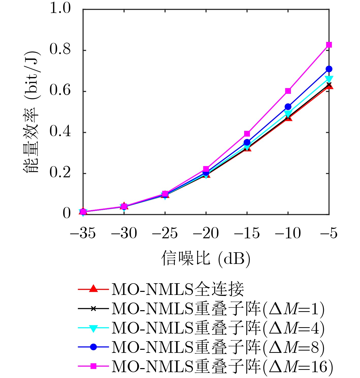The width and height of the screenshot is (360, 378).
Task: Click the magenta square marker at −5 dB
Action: pyautogui.click(x=329, y=45)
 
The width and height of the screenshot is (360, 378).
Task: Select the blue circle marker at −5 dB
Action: pyautogui.click(x=329, y=69)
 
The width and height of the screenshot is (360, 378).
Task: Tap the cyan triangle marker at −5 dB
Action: pyautogui.click(x=329, y=79)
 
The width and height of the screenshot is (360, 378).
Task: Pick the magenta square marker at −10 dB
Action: pyautogui.click(x=288, y=91)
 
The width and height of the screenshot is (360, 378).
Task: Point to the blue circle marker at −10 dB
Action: pyautogui.click(x=288, y=106)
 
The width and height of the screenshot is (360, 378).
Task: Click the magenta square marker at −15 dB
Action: pyautogui.click(x=247, y=134)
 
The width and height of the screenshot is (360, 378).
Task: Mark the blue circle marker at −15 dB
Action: pyautogui.click(x=247, y=142)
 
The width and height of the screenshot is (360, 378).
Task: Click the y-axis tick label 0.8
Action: pyautogui.click(x=60, y=50)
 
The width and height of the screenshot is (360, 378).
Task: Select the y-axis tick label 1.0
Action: pyautogui.click(x=60, y=8)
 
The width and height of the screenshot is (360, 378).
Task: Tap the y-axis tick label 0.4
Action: pyautogui.click(x=60, y=132)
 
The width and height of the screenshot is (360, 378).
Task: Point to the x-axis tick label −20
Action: pyautogui.click(x=206, y=233)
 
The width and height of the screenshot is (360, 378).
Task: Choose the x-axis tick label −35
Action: pyautogui.click(x=83, y=233)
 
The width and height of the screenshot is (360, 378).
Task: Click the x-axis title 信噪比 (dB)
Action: pyautogui.click(x=206, y=259)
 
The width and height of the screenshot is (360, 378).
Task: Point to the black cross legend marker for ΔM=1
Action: pyautogui.click(x=93, y=309)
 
